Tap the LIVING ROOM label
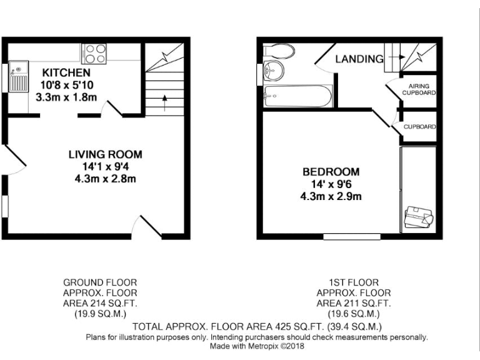pyautogui.click(x=105, y=154)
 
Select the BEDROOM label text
pyautogui.click(x=331, y=172)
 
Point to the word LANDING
pyautogui.click(x=359, y=59)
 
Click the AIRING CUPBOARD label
pyautogui.click(x=418, y=89)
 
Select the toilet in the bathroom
pyautogui.click(x=275, y=51)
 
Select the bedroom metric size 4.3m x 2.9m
pyautogui.click(x=331, y=196)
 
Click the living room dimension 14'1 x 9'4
pyautogui.click(x=105, y=167)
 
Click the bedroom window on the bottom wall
pyautogui.click(x=352, y=236)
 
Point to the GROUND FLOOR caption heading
pyautogui.click(x=100, y=282)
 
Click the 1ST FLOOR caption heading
pyautogui.click(x=354, y=282)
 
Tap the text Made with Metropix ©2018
pyautogui.click(x=256, y=346)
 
